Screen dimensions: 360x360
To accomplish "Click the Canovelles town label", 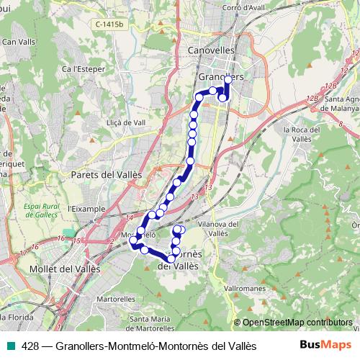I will click(211, 50).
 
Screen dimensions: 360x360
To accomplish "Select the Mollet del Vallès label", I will click(63, 269).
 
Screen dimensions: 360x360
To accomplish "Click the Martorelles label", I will click(112, 298).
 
